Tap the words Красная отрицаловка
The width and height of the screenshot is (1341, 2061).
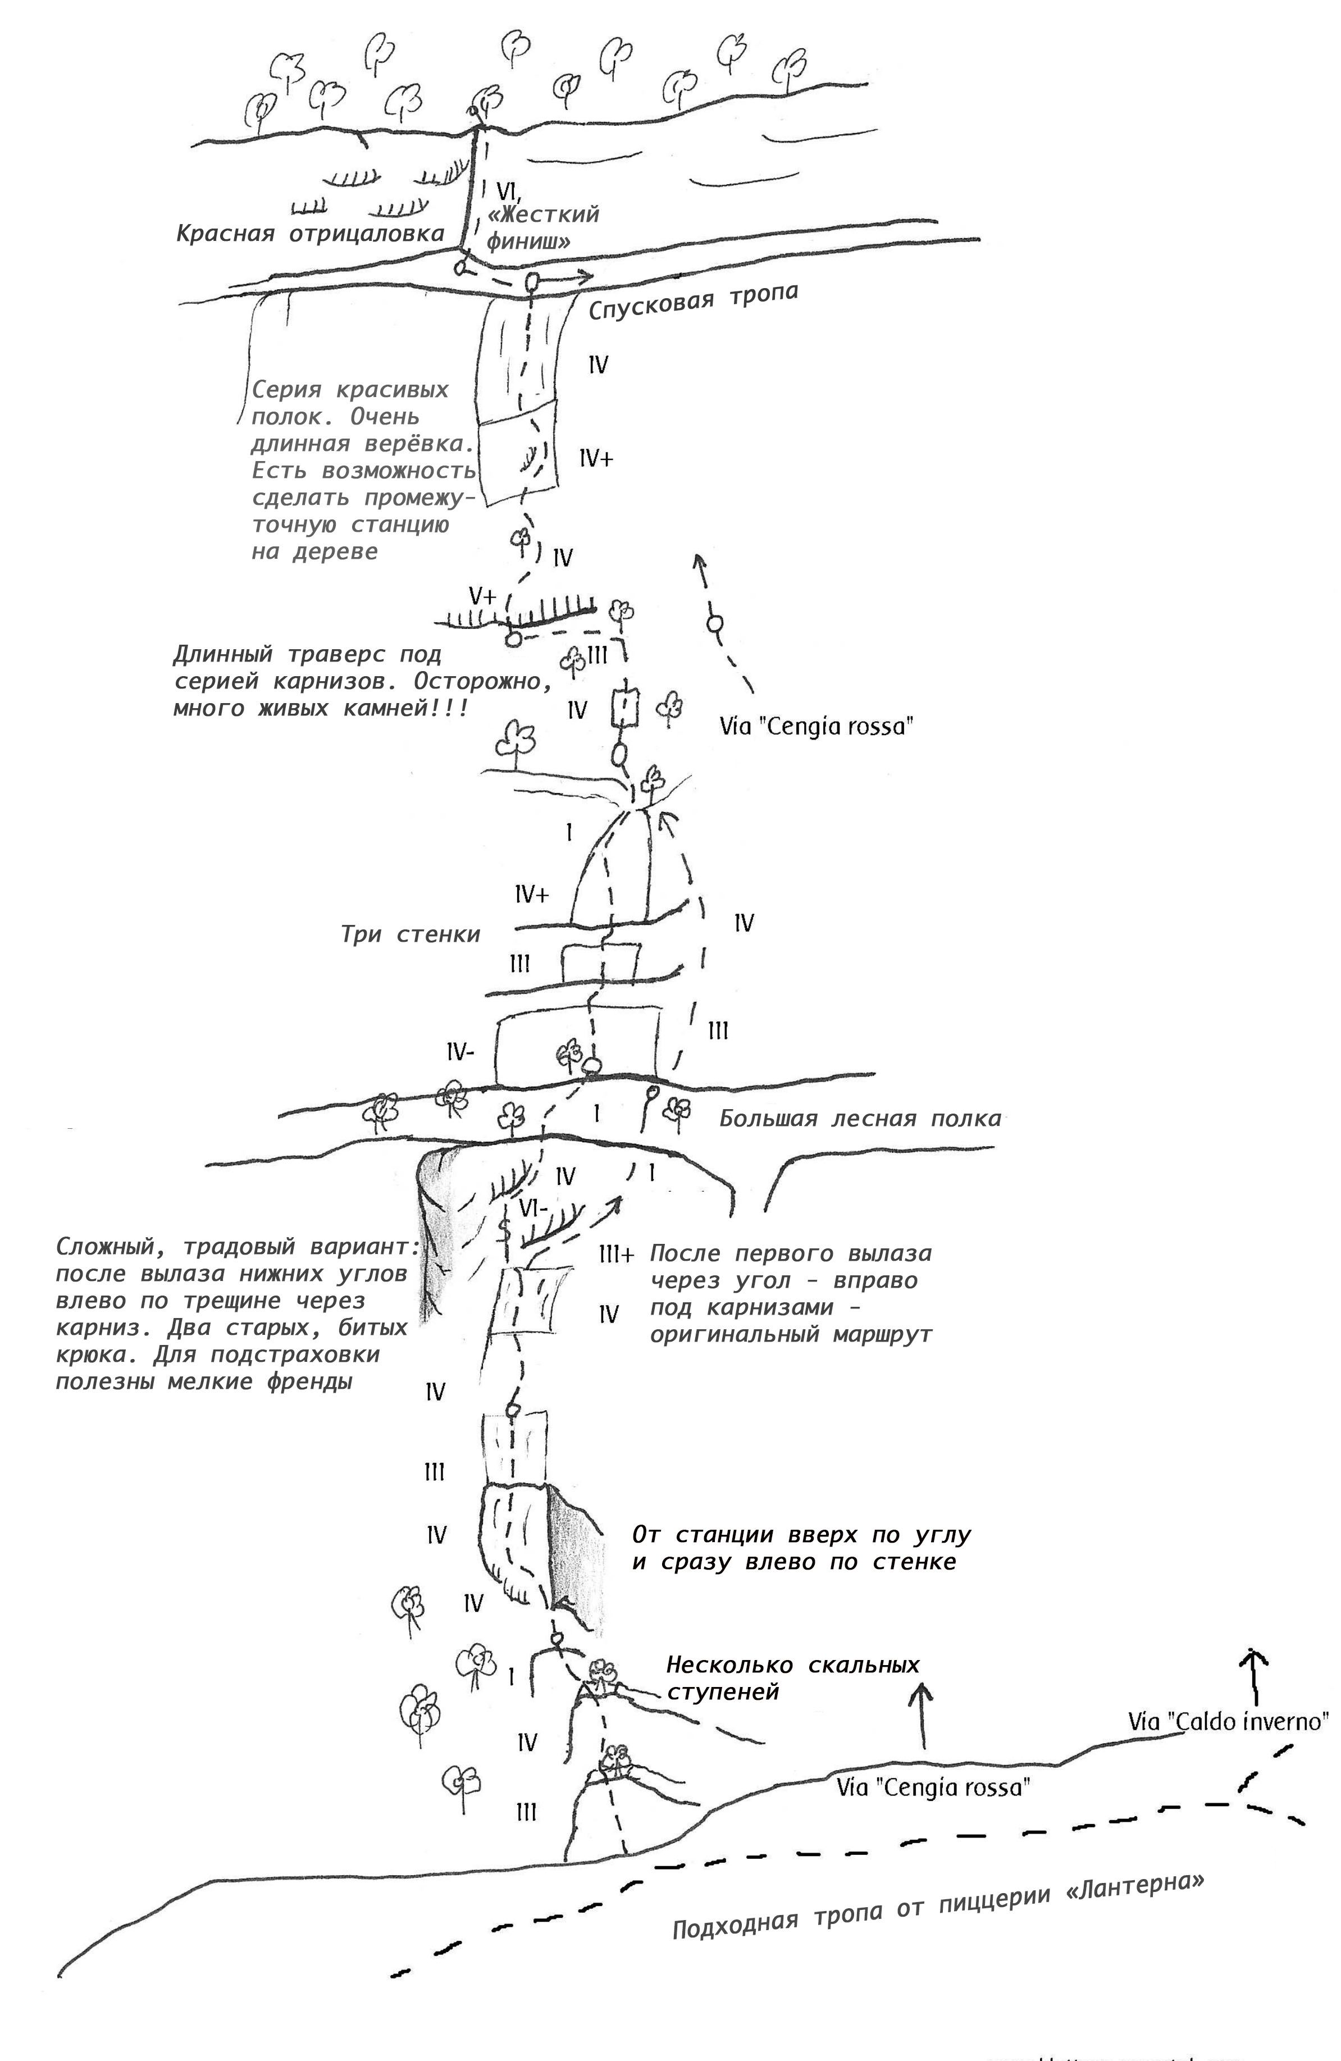pyautogui.click(x=310, y=234)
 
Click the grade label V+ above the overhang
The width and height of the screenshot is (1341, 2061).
pyautogui.click(x=482, y=596)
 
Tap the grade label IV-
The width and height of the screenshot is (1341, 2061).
pyautogui.click(x=460, y=1052)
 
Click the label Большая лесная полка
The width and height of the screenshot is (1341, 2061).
pyautogui.click(x=860, y=1119)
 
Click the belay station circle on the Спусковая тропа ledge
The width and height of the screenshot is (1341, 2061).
pyautogui.click(x=532, y=282)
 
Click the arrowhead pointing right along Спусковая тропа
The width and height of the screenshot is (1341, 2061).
pyautogui.click(x=587, y=276)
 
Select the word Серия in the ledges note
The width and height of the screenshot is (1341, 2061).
pyautogui.click(x=286, y=389)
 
